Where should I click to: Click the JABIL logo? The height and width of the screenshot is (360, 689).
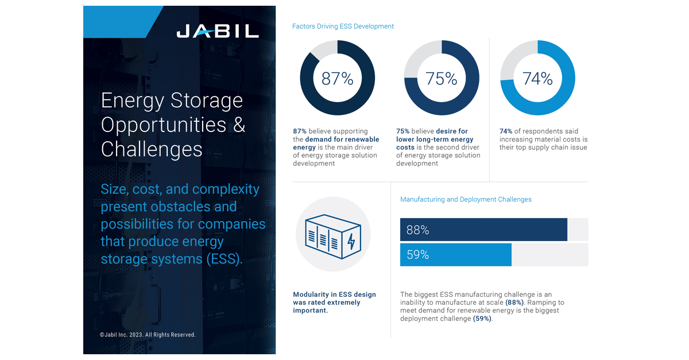click(x=218, y=31)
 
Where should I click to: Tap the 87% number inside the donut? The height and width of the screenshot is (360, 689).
click(x=337, y=78)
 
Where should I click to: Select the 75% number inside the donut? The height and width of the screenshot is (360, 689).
click(x=441, y=78)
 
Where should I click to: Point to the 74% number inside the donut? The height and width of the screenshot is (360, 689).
click(x=537, y=78)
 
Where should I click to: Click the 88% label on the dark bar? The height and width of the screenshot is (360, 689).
click(x=417, y=230)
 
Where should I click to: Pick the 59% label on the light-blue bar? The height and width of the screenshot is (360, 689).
click(x=417, y=254)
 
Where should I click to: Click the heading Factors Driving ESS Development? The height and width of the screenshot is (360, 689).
click(x=343, y=26)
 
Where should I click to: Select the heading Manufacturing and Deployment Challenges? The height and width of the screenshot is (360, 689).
click(x=466, y=199)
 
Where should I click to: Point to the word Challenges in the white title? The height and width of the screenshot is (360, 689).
click(x=152, y=149)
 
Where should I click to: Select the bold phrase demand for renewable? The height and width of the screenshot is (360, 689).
click(x=342, y=140)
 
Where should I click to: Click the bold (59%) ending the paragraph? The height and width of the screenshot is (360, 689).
click(x=482, y=319)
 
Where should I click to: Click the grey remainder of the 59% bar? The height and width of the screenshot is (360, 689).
click(x=549, y=254)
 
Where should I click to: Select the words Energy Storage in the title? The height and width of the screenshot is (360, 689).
click(x=172, y=100)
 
